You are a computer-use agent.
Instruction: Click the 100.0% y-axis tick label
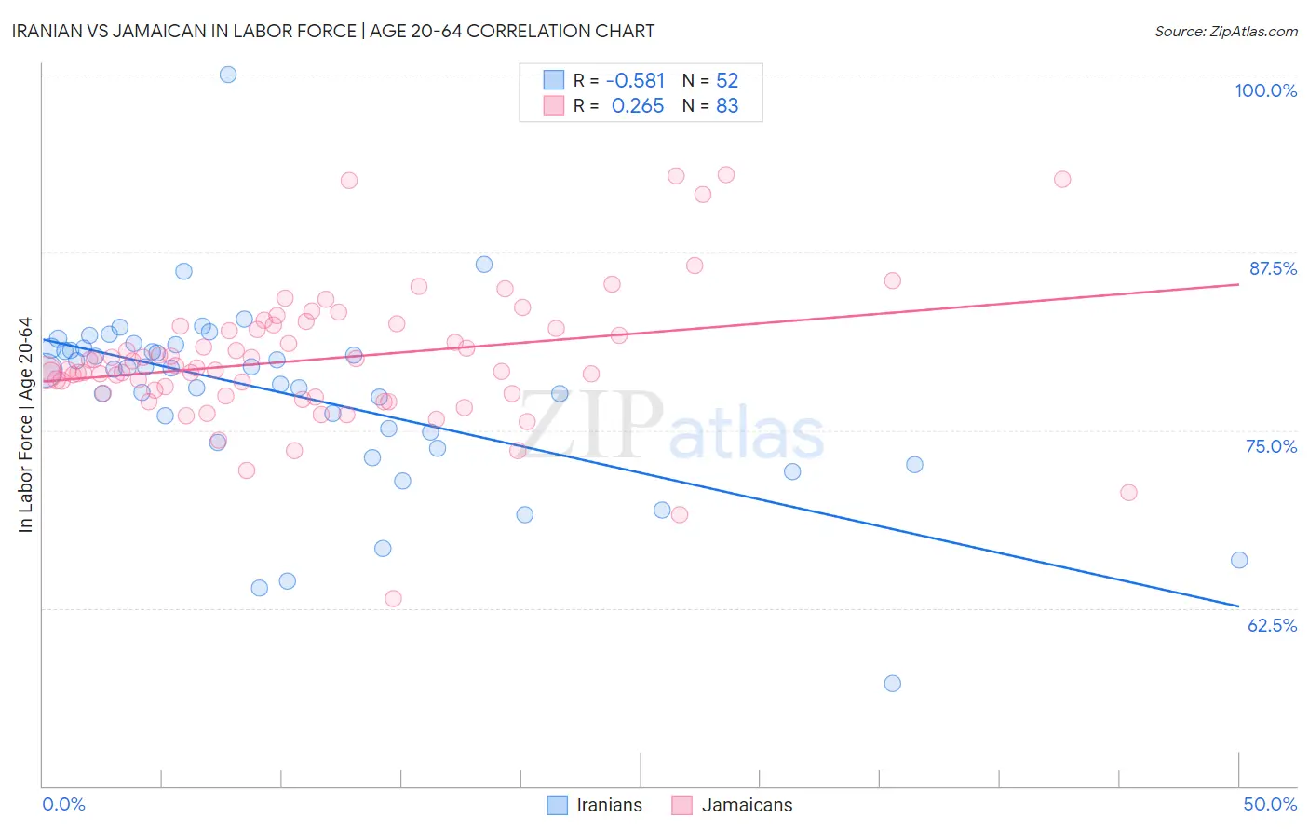coord(1265,90)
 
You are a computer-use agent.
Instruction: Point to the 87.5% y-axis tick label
coord(1273,268)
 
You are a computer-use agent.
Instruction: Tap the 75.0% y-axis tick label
coord(1271,446)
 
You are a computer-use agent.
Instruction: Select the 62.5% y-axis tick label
coord(1272,625)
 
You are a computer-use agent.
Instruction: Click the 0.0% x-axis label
coord(63,804)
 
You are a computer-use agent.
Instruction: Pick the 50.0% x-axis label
coord(1270,804)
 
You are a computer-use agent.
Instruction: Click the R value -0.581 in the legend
coord(635,81)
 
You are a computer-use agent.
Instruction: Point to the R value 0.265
coord(638,106)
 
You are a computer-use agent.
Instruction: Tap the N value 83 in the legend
coord(727,106)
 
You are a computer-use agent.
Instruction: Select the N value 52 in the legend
coord(727,81)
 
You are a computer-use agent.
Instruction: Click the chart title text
coord(333,31)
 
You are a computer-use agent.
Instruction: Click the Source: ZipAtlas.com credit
coord(1225,31)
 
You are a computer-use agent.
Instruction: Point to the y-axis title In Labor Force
coord(25,425)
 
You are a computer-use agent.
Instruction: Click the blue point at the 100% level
coord(228,75)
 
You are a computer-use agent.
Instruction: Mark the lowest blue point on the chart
coord(892,684)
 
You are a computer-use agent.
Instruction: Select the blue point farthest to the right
coord(1239,560)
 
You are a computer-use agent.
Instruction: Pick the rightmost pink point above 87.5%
coord(1062,179)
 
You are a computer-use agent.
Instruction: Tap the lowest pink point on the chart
coord(393,598)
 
